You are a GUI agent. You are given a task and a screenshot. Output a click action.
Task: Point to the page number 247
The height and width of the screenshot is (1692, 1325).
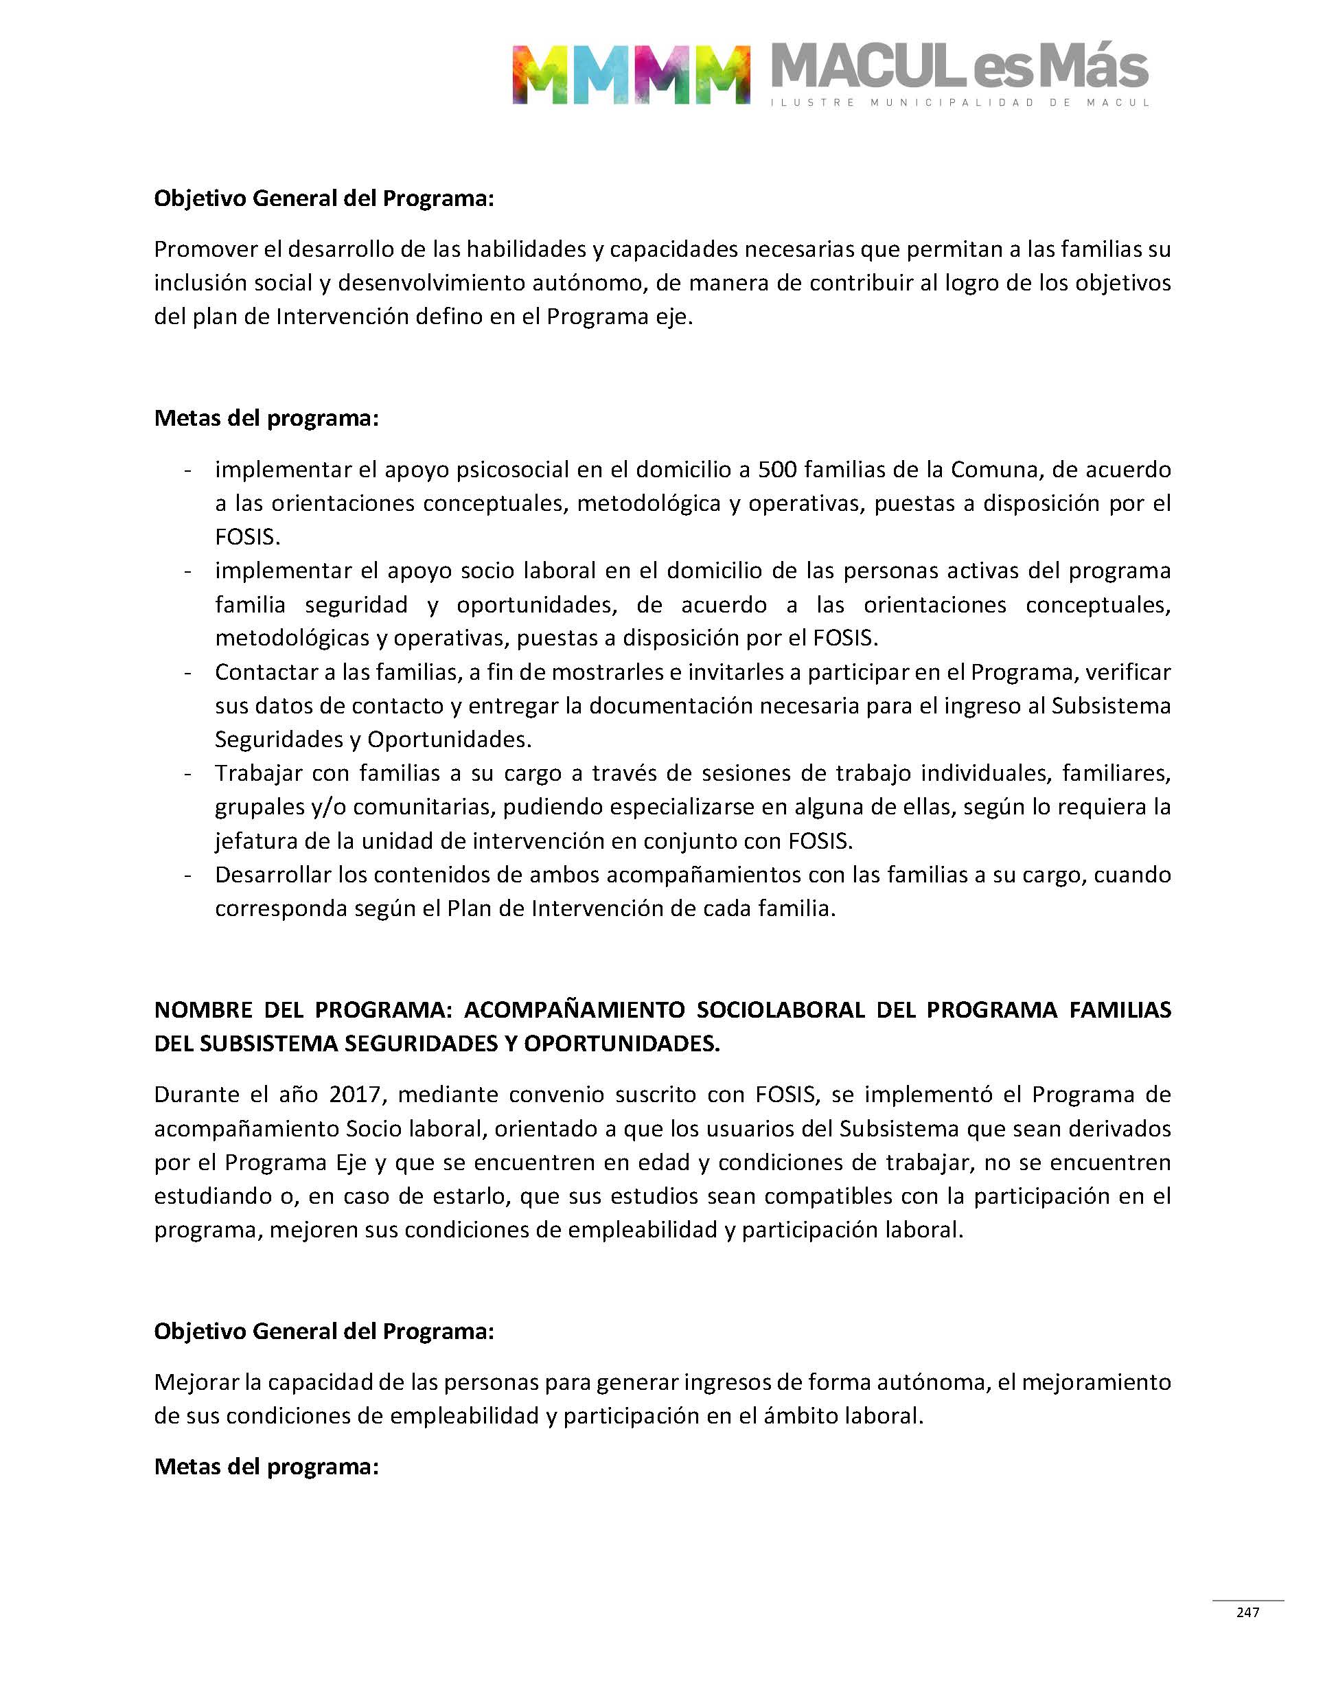coord(1247,1612)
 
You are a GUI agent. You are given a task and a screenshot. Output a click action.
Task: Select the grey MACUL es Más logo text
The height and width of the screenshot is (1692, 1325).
coord(960,67)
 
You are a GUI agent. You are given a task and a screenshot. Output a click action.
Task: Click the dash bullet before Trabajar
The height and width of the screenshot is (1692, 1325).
coord(187,773)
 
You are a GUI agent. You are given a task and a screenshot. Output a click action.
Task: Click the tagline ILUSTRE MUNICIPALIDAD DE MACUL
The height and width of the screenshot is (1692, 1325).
coord(960,103)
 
